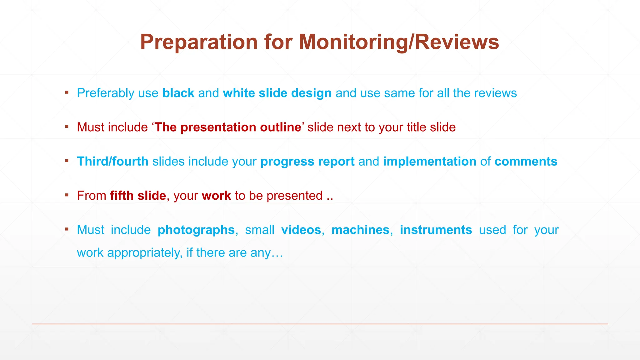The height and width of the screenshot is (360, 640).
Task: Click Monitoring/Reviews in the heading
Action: click(x=399, y=42)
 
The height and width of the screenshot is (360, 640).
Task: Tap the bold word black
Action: click(x=178, y=93)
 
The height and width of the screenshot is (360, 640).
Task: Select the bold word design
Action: click(x=311, y=93)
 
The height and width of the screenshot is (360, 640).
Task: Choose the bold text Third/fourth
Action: click(x=112, y=162)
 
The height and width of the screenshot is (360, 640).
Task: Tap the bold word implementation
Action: click(x=429, y=162)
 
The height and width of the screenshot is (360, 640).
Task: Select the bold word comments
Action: click(x=526, y=162)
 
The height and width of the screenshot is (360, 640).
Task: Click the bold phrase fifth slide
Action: click(x=138, y=196)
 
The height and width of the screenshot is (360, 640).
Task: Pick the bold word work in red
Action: click(x=216, y=196)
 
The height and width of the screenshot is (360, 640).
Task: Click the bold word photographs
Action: click(x=196, y=230)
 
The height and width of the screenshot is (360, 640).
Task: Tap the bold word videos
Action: click(x=301, y=230)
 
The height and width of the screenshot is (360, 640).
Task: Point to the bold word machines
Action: click(x=360, y=230)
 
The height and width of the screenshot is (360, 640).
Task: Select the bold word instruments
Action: click(x=436, y=230)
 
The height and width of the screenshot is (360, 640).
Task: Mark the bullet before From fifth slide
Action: click(x=67, y=195)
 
